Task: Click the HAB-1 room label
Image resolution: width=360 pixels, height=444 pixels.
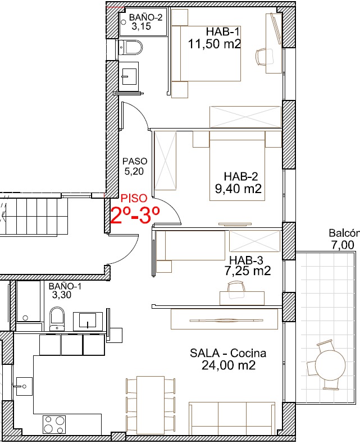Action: [222, 31]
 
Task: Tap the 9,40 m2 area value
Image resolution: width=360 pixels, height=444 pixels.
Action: [238, 189]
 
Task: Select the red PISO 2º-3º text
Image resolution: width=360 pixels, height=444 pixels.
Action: [135, 209]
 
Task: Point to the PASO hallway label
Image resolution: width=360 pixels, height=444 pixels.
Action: [135, 161]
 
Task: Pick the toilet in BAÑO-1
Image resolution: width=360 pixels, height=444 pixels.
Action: [57, 319]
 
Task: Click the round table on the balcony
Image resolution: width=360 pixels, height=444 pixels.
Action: [330, 363]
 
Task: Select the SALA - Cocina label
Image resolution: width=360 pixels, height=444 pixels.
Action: [227, 353]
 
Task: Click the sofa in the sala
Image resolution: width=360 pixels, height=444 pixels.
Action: [232, 418]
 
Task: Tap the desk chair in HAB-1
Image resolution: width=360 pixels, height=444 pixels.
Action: [265, 57]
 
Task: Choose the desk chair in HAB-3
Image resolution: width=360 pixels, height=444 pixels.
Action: [236, 290]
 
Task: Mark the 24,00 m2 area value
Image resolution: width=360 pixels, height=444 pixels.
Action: [228, 365]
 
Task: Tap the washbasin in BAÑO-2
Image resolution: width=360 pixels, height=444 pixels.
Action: [130, 74]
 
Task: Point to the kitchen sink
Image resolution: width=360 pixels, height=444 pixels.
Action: [24, 386]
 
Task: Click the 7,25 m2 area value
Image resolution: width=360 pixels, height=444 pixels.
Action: [248, 271]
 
